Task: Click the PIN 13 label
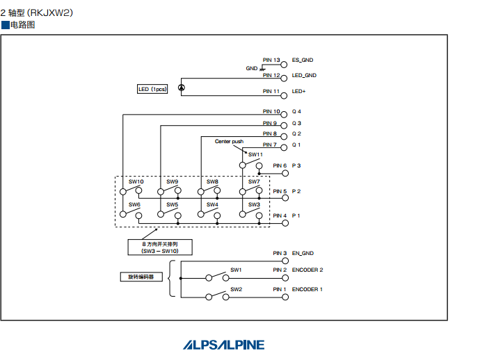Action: [x=271, y=60]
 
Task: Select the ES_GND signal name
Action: [x=303, y=60]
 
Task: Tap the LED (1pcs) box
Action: [x=152, y=89]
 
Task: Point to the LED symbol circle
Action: [x=182, y=88]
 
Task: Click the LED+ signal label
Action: [x=299, y=91]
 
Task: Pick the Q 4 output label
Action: [x=296, y=112]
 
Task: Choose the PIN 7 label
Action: [x=270, y=145]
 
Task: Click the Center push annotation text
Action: [x=229, y=141]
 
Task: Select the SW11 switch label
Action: [x=255, y=154]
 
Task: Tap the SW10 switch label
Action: [x=136, y=182]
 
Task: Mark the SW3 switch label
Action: [x=254, y=205]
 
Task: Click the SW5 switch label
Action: [x=172, y=205]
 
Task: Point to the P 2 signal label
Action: [x=296, y=191]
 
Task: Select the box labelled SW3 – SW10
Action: [x=159, y=247]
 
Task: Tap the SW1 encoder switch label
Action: [x=236, y=270]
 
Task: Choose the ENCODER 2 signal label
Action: [x=307, y=270]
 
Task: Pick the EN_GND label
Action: [x=303, y=254]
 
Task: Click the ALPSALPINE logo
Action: [x=224, y=345]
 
